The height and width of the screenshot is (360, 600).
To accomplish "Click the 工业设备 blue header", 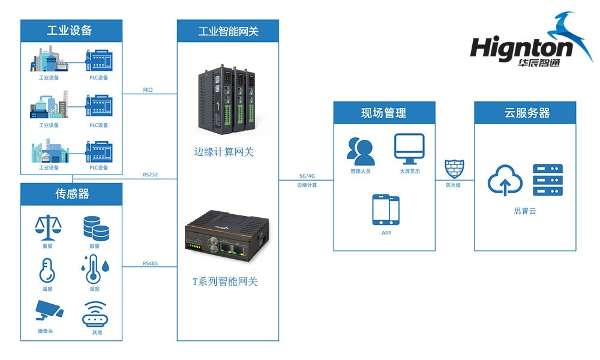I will [x=71, y=31].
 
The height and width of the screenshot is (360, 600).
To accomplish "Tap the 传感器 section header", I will [x=71, y=194].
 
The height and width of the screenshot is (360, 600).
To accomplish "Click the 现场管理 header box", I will [x=384, y=113].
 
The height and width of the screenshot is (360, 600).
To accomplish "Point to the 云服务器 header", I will [x=525, y=113].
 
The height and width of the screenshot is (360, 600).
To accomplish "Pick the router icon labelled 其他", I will [x=95, y=314].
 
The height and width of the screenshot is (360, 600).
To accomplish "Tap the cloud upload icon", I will [x=505, y=181].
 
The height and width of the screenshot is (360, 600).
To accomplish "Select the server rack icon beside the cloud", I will [x=547, y=179].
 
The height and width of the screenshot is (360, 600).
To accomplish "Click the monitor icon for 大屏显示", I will [x=409, y=149].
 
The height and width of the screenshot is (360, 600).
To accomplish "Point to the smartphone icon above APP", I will [x=386, y=210].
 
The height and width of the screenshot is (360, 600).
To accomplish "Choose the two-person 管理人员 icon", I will [x=361, y=151].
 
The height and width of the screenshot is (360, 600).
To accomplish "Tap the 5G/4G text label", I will [x=307, y=176].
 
